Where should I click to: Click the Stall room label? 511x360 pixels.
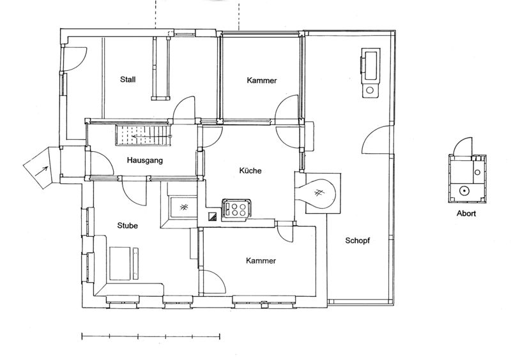pyautogui.click(x=128, y=80)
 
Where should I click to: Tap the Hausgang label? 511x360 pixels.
pyautogui.click(x=145, y=160)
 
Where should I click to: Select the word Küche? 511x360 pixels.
pyautogui.click(x=250, y=170)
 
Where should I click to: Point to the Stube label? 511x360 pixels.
pyautogui.click(x=127, y=225)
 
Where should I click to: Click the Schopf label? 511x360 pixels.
pyautogui.click(x=358, y=241)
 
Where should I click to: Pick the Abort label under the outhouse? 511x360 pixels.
pyautogui.click(x=466, y=214)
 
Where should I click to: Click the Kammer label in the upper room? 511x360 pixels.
pyautogui.click(x=262, y=80)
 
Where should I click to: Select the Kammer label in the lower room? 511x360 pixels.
pyautogui.click(x=261, y=261)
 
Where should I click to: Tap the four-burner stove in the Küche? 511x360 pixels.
pyautogui.click(x=236, y=209)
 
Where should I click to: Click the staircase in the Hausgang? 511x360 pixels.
pyautogui.click(x=143, y=136)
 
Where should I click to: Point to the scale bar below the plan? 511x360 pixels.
pyautogui.click(x=151, y=336)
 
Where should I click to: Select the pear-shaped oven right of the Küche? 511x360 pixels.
pyautogui.click(x=317, y=194)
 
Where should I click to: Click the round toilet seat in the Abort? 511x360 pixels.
pyautogui.click(x=464, y=191)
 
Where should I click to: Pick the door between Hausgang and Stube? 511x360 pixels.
pyautogui.click(x=134, y=193)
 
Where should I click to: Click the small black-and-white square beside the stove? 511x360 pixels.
pyautogui.click(x=213, y=216)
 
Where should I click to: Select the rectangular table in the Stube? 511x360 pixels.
pyautogui.click(x=120, y=263)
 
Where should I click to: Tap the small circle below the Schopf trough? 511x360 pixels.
pyautogui.click(x=370, y=90)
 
